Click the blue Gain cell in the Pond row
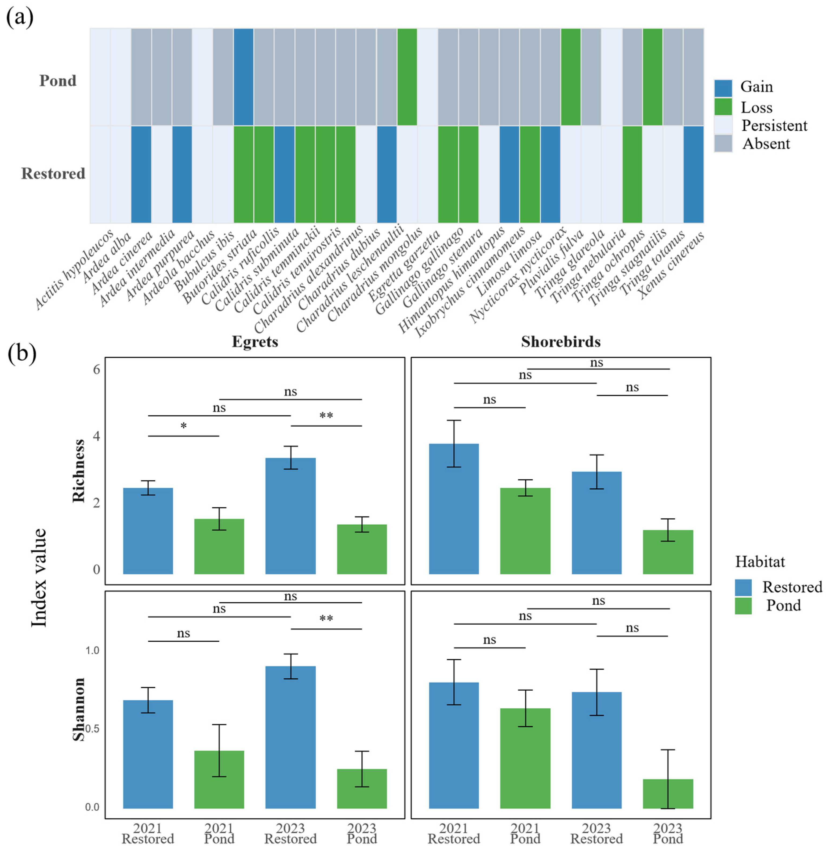point(243,77)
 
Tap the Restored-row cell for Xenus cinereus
point(693,174)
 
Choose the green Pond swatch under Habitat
point(743,606)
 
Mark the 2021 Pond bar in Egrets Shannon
point(219,779)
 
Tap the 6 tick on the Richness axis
point(96,370)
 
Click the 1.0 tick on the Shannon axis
point(92,650)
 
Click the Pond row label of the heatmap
point(58,81)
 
